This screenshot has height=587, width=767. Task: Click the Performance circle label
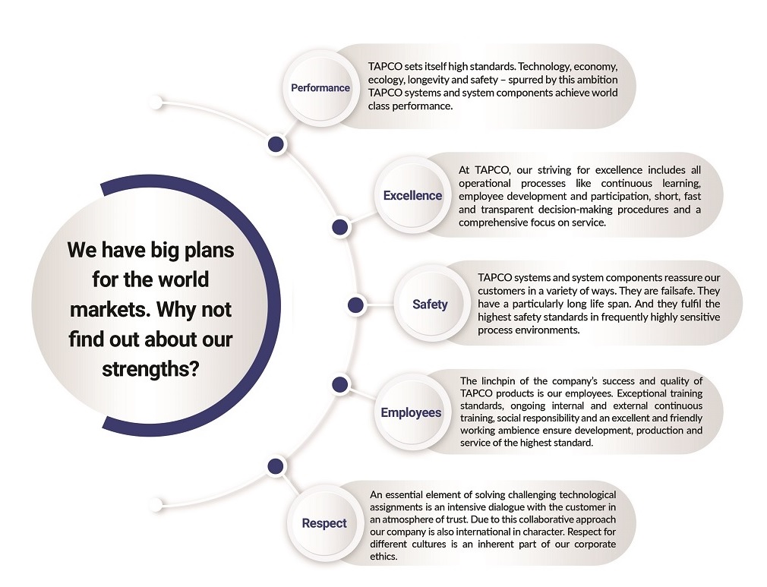[320, 88]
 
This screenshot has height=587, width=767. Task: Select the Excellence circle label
[412, 196]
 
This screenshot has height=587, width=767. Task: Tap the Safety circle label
[430, 305]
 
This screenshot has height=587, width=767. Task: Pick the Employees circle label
[411, 413]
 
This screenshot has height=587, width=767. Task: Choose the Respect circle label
[324, 523]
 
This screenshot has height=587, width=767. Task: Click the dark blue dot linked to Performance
[276, 144]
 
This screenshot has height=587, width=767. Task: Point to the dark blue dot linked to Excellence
[340, 227]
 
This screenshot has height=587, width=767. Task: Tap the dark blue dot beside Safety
[355, 305]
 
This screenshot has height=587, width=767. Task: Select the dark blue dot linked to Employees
[340, 384]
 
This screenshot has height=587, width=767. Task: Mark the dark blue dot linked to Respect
[276, 466]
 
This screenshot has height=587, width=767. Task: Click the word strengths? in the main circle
[150, 369]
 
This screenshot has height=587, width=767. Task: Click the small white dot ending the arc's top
[156, 103]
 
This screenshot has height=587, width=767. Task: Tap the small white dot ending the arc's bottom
[156, 504]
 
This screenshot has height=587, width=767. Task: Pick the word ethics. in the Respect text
[383, 557]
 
